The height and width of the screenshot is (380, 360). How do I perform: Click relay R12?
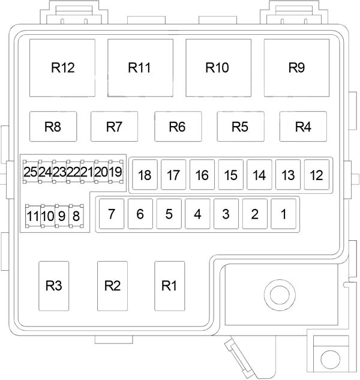(x=62, y=68)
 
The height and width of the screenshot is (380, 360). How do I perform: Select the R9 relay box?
(x=296, y=68)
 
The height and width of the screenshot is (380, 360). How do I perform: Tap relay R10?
(x=218, y=68)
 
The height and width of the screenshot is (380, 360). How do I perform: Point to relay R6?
(x=178, y=127)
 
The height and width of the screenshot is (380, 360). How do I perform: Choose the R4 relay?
(x=303, y=127)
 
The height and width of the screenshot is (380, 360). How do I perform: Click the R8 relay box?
(x=53, y=127)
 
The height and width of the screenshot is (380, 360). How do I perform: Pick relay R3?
(x=54, y=286)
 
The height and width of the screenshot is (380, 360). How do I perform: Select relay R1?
(x=170, y=286)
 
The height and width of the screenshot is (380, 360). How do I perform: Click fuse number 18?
(x=145, y=175)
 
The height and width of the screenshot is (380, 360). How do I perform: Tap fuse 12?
(x=317, y=175)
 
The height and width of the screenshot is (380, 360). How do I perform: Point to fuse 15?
(x=231, y=175)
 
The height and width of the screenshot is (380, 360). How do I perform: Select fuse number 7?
(x=112, y=214)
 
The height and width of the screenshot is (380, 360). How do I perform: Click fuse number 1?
(x=283, y=214)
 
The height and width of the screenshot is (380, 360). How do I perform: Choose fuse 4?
(x=197, y=214)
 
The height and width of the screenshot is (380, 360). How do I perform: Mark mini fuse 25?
(x=31, y=172)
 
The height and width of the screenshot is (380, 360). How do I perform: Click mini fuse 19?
(x=116, y=172)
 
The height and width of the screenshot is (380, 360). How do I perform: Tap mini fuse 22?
(x=73, y=172)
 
